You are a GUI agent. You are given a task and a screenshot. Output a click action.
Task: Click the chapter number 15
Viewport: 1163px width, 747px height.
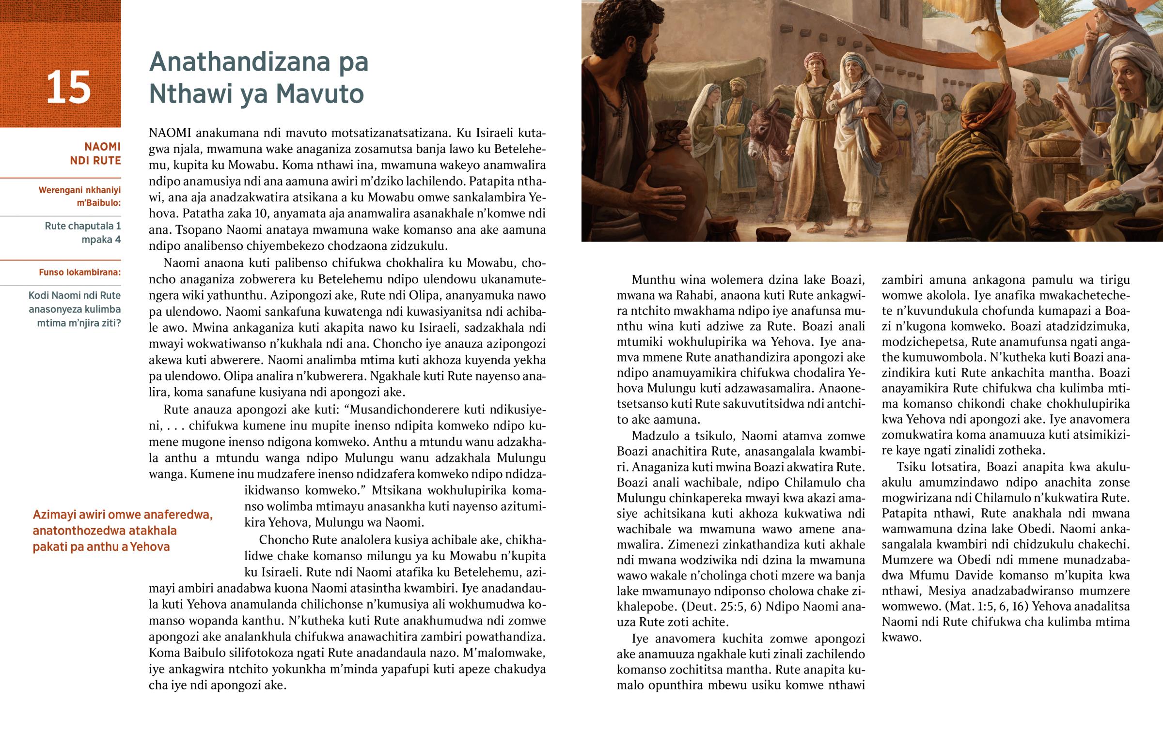[68, 88]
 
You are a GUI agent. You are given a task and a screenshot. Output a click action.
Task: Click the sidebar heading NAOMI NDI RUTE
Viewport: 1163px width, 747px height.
[95, 153]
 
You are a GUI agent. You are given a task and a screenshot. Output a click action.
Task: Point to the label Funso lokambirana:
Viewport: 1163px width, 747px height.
[79, 272]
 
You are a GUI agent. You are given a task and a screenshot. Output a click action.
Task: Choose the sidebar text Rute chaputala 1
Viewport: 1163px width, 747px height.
[82, 226]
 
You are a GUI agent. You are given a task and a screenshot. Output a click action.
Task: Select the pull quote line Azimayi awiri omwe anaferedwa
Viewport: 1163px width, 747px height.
[123, 515]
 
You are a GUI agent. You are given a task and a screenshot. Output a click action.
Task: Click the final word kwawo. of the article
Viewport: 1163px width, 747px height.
[901, 638]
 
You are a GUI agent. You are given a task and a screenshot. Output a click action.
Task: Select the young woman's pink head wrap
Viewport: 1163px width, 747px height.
[817, 61]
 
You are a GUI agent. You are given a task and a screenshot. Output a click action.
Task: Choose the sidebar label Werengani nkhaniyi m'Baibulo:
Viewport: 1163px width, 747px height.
[79, 197]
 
